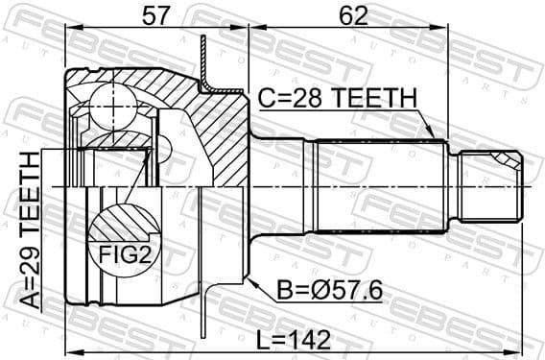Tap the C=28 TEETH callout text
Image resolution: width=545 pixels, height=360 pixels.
(x=337, y=98)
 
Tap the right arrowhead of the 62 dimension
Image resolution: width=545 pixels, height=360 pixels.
(x=524, y=30)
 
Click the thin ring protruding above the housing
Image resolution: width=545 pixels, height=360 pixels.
(x=204, y=58)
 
